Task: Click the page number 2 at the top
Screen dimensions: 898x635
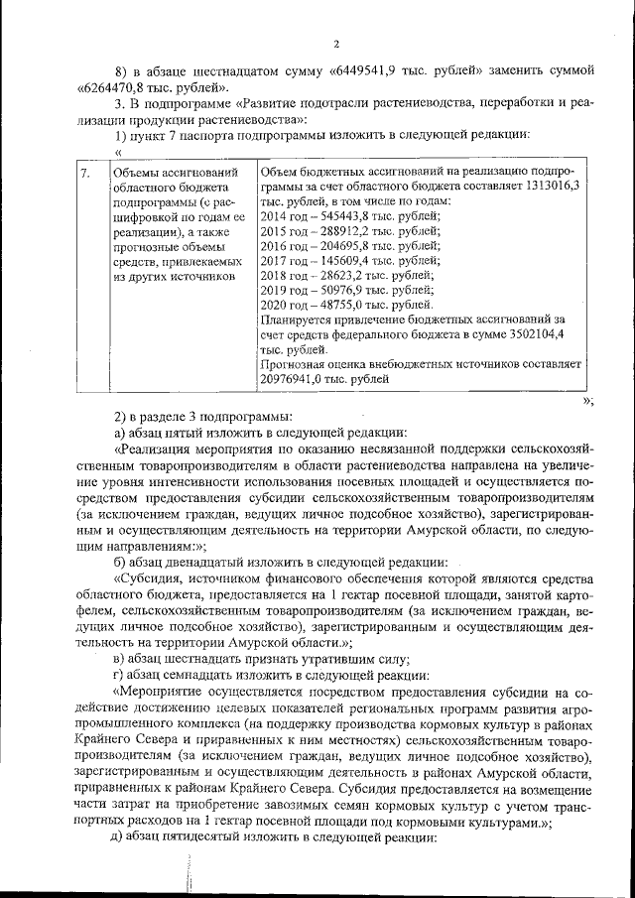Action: [x=336, y=43]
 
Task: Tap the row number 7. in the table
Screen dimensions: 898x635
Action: [x=87, y=173]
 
